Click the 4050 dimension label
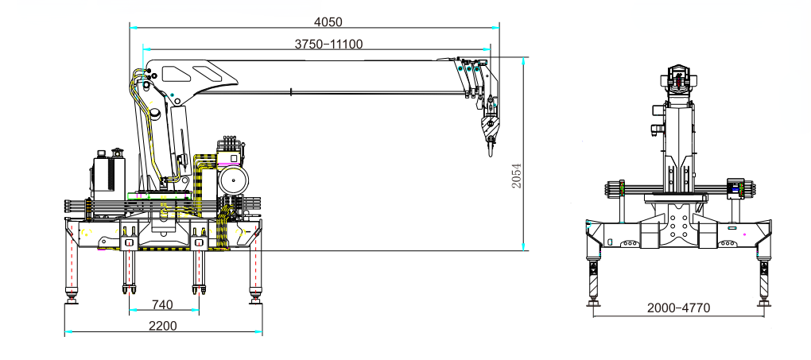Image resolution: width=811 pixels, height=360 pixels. pyautogui.click(x=328, y=21)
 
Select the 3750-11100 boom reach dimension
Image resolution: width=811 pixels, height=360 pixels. pyautogui.click(x=328, y=44)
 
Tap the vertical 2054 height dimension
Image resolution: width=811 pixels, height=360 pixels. pyautogui.click(x=516, y=176)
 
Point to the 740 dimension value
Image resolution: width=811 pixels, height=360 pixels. pyautogui.click(x=162, y=304)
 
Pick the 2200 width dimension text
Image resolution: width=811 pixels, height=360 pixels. pyautogui.click(x=162, y=325)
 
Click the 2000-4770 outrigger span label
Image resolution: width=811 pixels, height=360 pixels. pyautogui.click(x=678, y=308)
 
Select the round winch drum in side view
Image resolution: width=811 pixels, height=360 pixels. pyautogui.click(x=233, y=180)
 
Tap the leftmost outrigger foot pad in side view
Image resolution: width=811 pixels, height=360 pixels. pyautogui.click(x=72, y=300)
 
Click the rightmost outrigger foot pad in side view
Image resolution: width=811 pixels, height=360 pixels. pyautogui.click(x=255, y=300)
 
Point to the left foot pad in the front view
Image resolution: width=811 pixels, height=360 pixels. pyautogui.click(x=594, y=303)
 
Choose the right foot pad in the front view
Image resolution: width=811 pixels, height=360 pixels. pyautogui.click(x=763, y=303)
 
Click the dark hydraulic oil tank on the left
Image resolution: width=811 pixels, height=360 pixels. pyautogui.click(x=108, y=174)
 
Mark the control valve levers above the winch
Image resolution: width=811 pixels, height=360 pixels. pyautogui.click(x=231, y=145)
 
